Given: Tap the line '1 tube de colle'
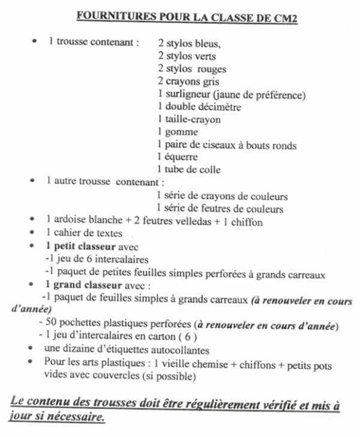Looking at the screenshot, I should [188, 170].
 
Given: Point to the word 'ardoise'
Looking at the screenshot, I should [70, 222].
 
